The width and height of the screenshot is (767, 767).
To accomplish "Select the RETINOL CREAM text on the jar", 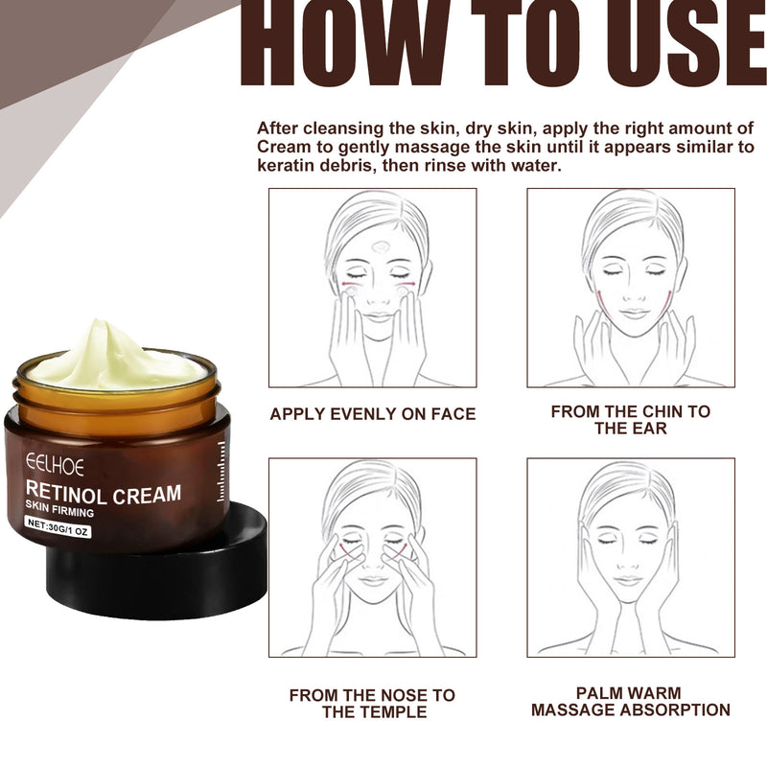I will pyautogui.click(x=104, y=495).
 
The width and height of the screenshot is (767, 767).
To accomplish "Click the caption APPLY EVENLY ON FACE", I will pyautogui.click(x=372, y=414).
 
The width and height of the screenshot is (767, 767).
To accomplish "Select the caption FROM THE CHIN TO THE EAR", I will pyautogui.click(x=630, y=420).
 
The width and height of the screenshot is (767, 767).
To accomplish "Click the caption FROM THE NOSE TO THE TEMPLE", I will pyautogui.click(x=372, y=703).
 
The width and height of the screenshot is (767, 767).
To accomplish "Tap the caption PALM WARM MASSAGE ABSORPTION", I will pyautogui.click(x=630, y=701).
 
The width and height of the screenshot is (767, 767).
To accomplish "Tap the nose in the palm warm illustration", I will pyautogui.click(x=630, y=560).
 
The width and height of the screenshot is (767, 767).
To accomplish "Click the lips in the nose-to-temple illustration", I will pyautogui.click(x=372, y=581).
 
